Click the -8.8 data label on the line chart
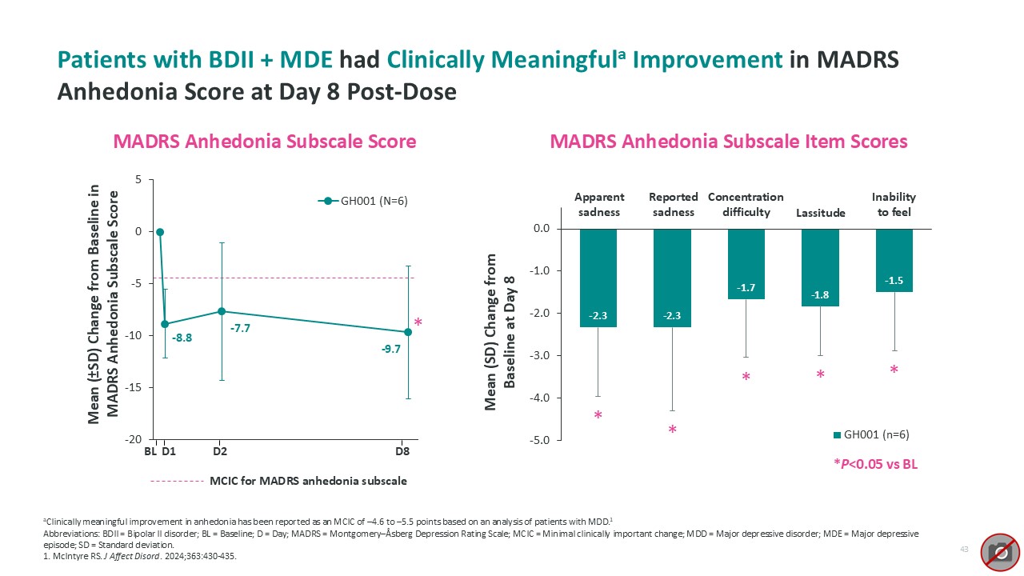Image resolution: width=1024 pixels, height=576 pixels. (x=182, y=338)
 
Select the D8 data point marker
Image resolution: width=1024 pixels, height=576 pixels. (x=408, y=331)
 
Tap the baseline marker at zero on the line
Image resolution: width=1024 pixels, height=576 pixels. (x=160, y=232)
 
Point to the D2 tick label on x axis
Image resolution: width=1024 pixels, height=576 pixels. (x=219, y=451)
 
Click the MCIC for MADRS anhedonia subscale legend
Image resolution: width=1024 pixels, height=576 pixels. (x=307, y=481)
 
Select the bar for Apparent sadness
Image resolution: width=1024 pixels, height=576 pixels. (x=598, y=278)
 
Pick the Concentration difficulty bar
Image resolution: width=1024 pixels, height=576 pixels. (x=746, y=264)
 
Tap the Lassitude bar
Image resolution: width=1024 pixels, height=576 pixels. (x=820, y=267)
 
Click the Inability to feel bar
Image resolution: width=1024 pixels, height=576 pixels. (x=894, y=260)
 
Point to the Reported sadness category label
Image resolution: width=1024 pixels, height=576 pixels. (x=673, y=204)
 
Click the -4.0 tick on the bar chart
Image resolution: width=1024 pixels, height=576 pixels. (x=541, y=398)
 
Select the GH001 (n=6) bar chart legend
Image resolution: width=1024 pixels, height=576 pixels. (x=871, y=434)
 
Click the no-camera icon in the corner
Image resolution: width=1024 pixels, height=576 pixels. (x=1000, y=551)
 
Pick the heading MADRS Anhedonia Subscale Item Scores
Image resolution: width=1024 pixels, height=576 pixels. (x=729, y=142)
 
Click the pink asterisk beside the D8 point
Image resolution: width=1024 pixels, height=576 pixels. (x=418, y=322)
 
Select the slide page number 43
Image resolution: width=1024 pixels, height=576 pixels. (x=964, y=549)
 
